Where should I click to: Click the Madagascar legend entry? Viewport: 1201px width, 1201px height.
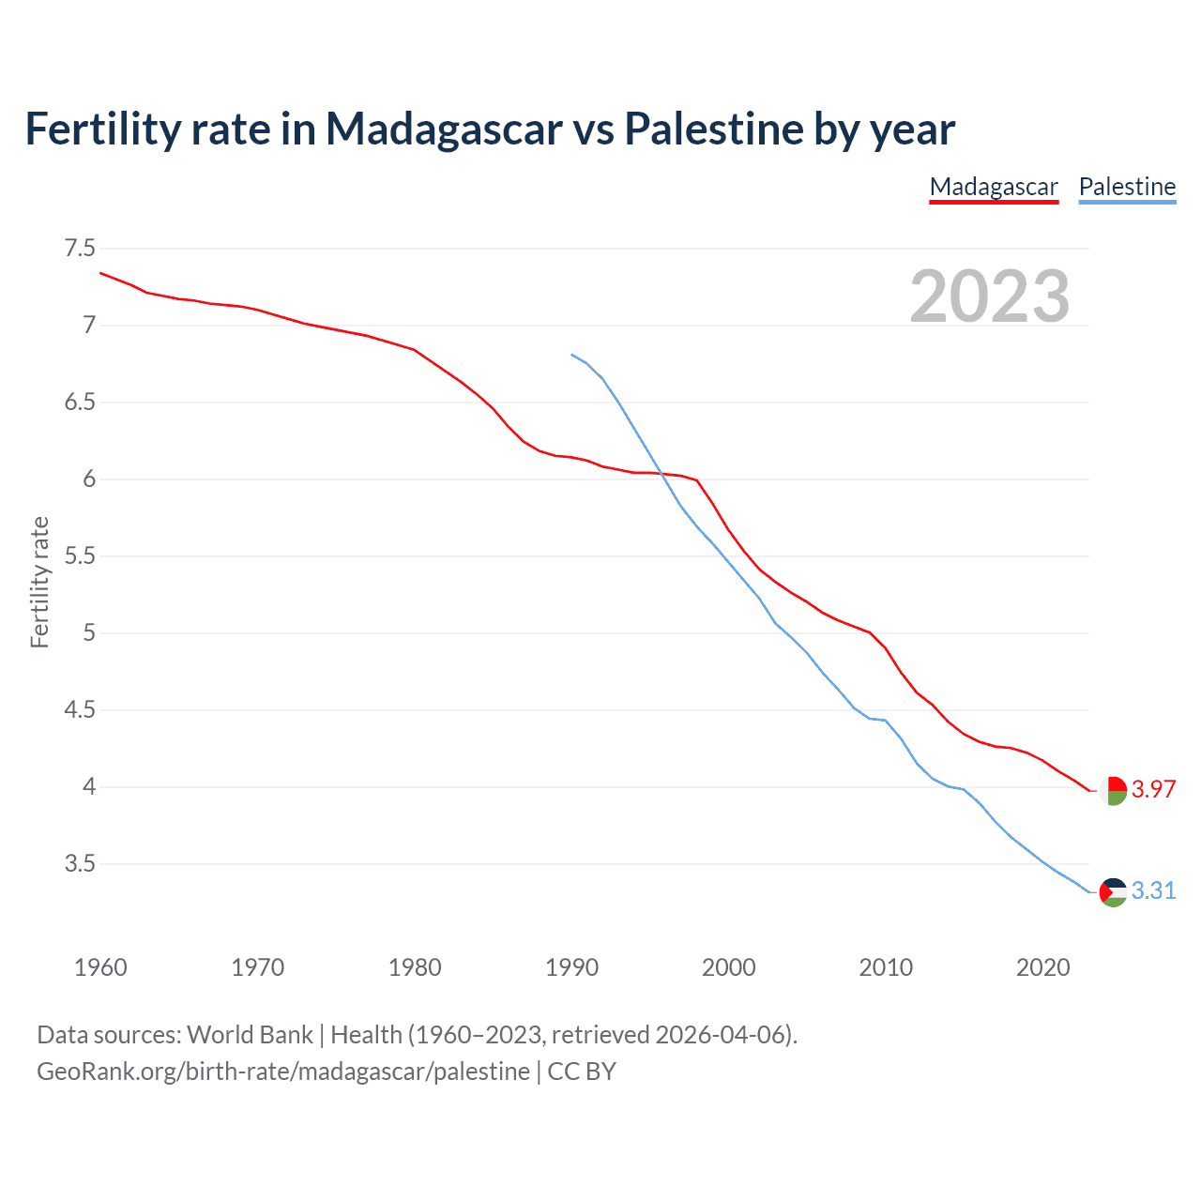coord(994,187)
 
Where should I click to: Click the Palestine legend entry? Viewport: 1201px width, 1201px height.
coord(1127,187)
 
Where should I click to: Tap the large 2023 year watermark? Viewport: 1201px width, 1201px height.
coord(989,296)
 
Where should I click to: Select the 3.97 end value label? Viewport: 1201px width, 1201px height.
coord(1153,789)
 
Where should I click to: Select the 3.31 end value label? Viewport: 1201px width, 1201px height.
coord(1153,890)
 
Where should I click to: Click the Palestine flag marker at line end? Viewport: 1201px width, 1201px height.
coord(1113,891)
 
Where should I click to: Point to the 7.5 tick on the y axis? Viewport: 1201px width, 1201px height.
coord(80,249)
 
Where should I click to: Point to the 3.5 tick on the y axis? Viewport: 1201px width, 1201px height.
coord(80,863)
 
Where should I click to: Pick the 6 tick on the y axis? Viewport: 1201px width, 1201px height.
coord(89,479)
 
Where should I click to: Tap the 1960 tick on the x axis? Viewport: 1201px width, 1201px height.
coord(100,967)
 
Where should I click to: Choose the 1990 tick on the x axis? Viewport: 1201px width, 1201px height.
coord(571,967)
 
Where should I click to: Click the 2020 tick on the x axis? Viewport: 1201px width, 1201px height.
coord(1042,967)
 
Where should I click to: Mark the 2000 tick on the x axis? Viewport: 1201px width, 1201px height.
coord(728,967)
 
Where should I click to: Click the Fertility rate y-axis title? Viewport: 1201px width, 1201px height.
coord(39,582)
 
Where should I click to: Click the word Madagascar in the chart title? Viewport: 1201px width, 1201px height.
coord(444,129)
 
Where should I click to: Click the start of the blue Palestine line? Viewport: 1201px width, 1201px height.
coord(571,355)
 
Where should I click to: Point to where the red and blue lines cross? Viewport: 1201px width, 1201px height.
coord(662,475)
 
